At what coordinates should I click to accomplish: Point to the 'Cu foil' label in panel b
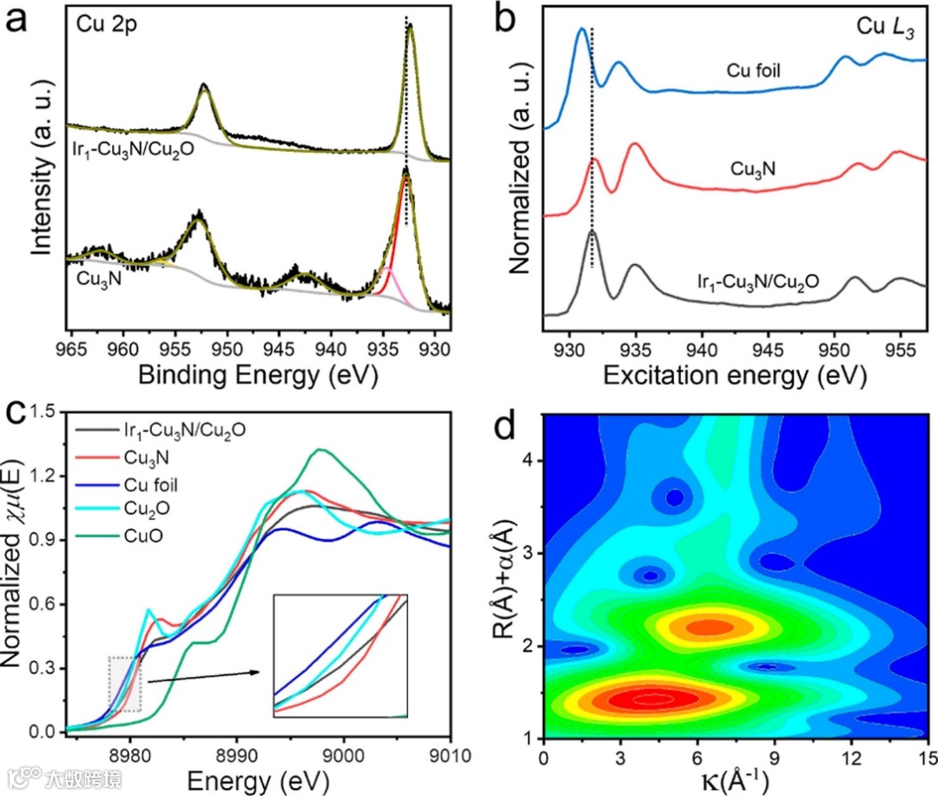(x=756, y=66)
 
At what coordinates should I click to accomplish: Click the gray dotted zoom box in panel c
(x=124, y=684)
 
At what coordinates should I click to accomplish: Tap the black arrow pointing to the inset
(x=204, y=676)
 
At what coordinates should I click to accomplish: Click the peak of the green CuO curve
(x=320, y=450)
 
